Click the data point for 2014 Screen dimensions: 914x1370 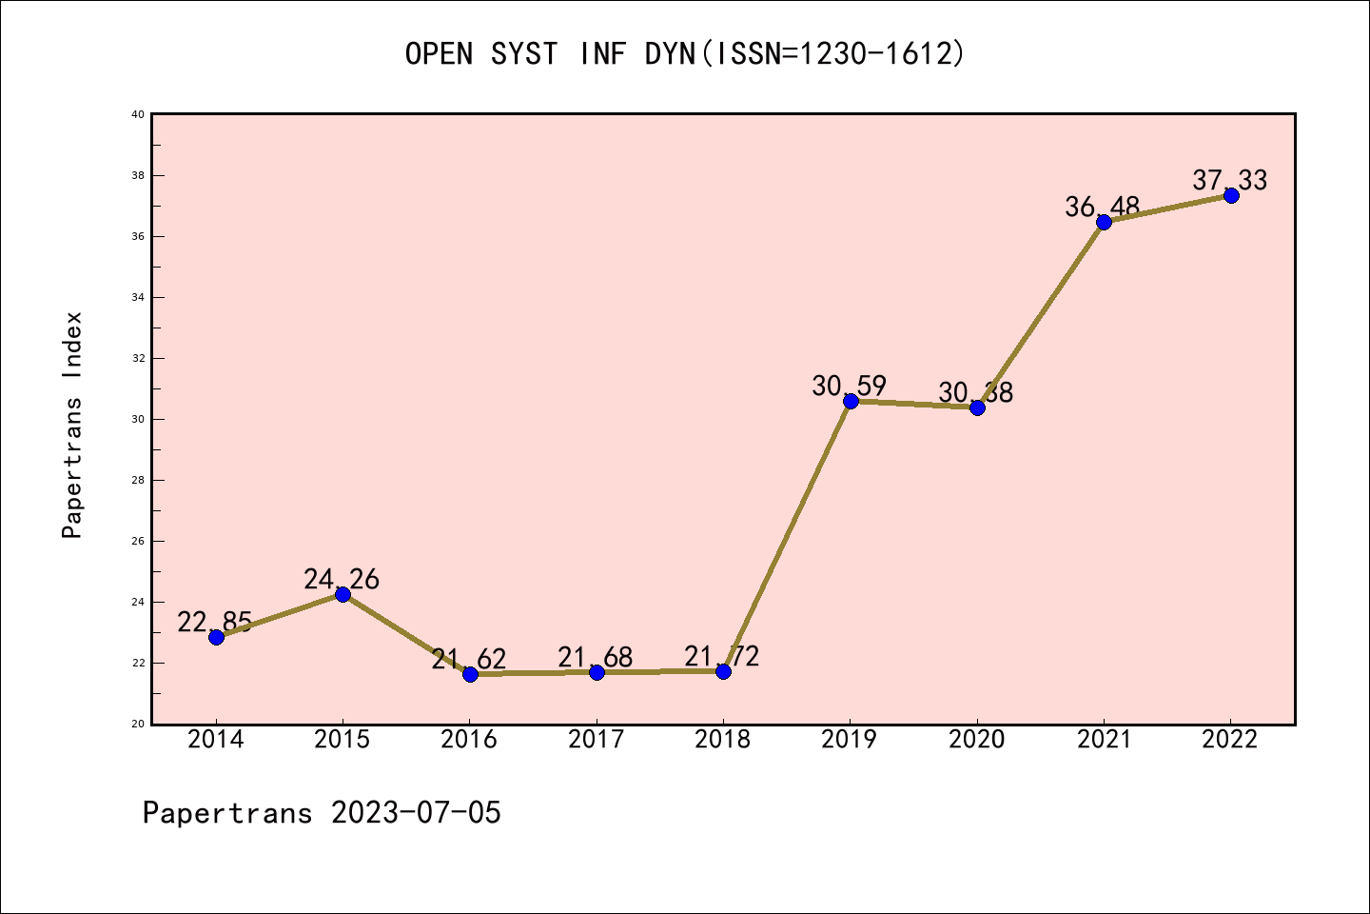(216, 637)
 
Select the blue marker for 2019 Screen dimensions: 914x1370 (851, 401)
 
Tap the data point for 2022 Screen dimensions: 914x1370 (1231, 195)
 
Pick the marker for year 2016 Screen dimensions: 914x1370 (470, 674)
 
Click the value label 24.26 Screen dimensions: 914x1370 (342, 579)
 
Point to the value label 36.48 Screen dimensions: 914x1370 (1103, 207)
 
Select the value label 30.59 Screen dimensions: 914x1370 (850, 386)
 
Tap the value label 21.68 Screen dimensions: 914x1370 (596, 657)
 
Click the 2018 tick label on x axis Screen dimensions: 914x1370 (723, 740)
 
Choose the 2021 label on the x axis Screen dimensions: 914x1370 (1104, 740)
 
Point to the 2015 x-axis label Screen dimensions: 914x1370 (342, 740)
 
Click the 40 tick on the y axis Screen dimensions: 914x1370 (138, 114)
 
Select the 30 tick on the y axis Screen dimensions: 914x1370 (138, 419)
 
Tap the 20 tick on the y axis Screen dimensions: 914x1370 (138, 724)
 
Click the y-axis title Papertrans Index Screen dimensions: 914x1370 (72, 425)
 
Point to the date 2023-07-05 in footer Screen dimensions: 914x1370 (416, 813)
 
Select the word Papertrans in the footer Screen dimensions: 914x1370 (227, 813)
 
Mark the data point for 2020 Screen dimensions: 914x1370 (977, 407)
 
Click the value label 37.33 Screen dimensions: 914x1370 (1230, 180)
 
